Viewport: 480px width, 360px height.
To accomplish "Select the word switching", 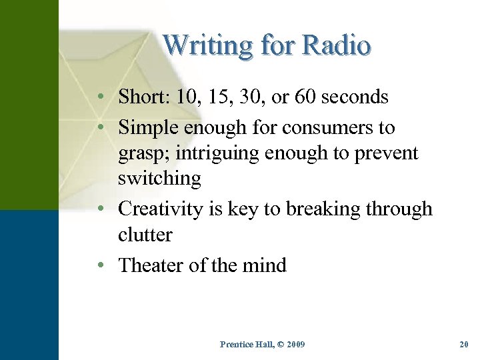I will point(159,179).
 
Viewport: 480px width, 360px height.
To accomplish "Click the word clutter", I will point(145,235).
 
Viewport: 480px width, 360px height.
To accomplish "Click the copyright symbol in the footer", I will point(274,345).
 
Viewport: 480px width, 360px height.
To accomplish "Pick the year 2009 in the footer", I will point(293,345).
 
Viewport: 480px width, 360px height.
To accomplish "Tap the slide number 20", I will point(464,345).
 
